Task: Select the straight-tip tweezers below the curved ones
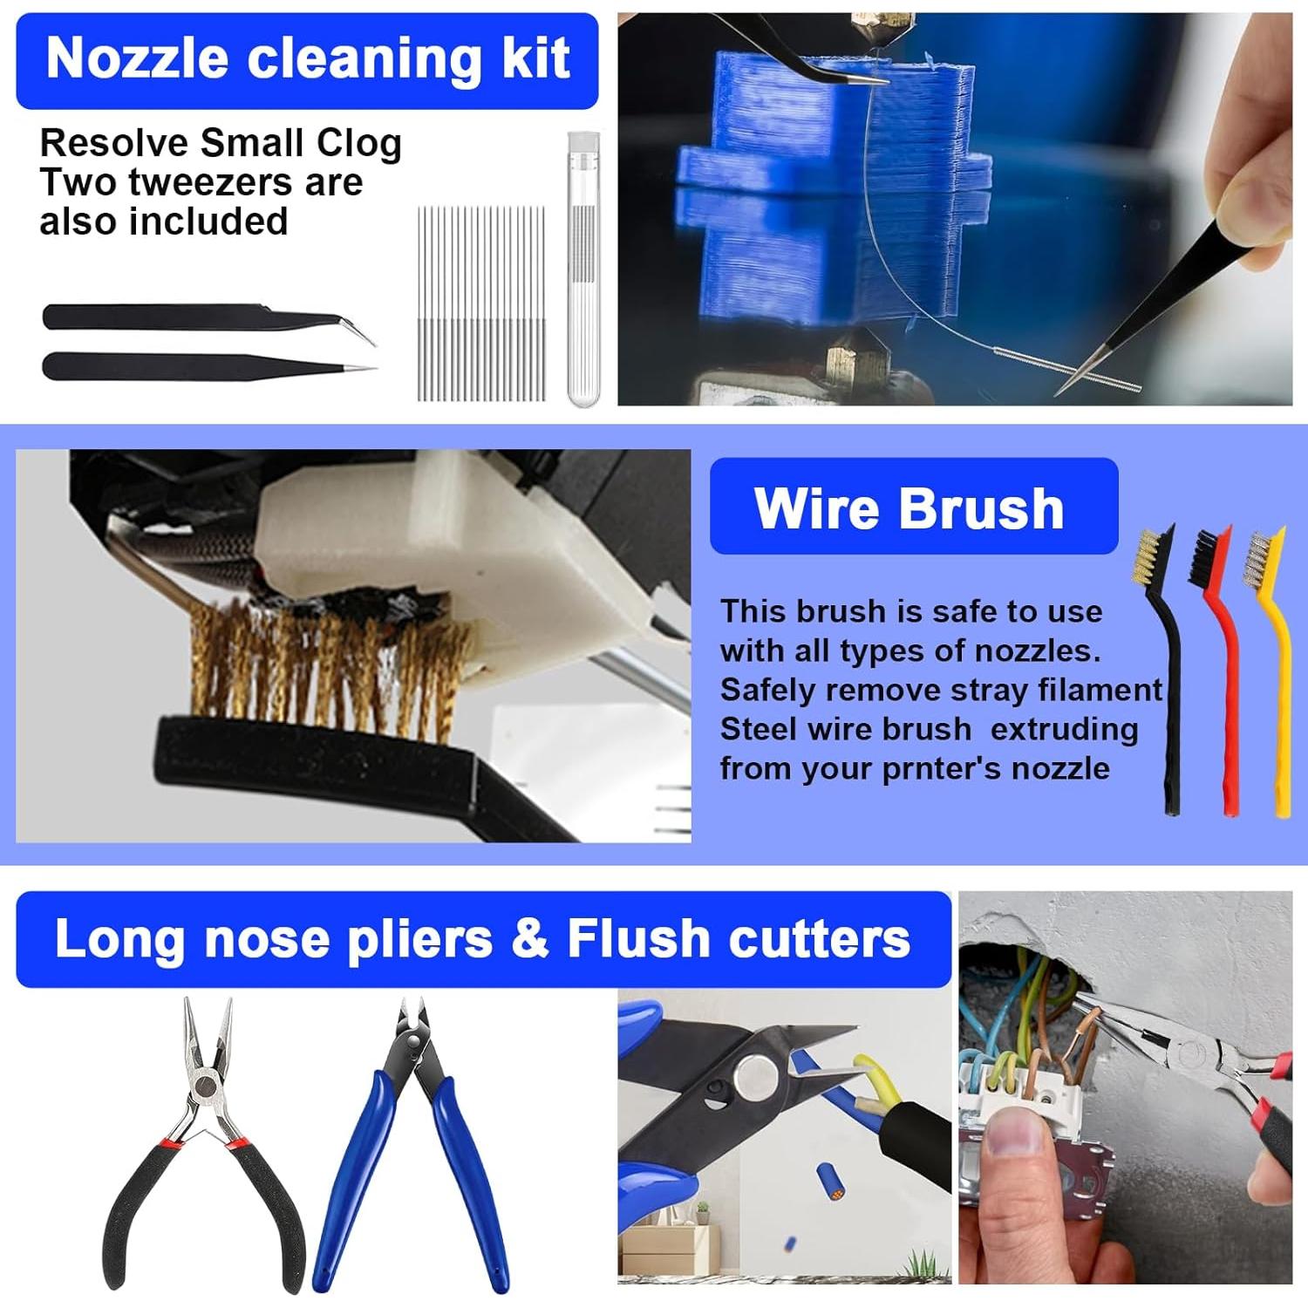[174, 366]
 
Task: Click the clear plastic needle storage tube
[583, 270]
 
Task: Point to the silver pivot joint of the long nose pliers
[207, 1087]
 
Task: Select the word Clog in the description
[358, 144]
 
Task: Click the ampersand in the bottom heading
[530, 939]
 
